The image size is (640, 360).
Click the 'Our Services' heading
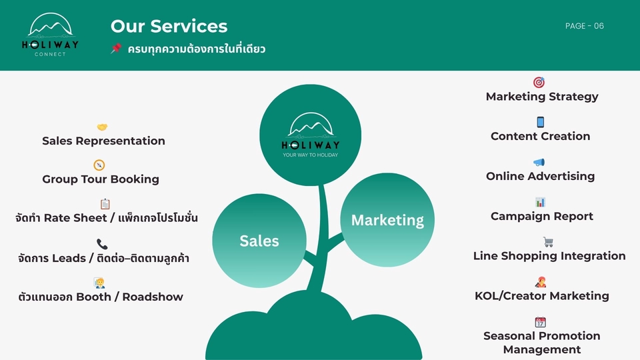(169, 26)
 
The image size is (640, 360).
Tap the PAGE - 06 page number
(584, 26)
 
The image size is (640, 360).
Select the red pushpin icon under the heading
(116, 49)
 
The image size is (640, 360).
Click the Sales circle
(259, 241)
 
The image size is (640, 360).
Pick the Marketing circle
(387, 220)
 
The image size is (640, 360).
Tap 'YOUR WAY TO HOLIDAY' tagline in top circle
(310, 155)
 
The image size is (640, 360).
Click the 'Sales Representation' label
(103, 141)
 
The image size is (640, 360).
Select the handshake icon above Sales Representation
(102, 127)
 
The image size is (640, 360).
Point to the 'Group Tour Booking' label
(101, 179)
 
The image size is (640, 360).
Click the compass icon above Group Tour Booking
(99, 165)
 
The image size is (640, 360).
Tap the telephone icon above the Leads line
(102, 244)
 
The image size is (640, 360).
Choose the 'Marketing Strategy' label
(542, 97)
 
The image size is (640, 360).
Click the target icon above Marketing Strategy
(539, 83)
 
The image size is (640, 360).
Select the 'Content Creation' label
(540, 136)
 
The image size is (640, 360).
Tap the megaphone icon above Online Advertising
(539, 163)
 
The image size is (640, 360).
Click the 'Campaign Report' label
(541, 216)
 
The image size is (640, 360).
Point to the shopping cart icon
(548, 242)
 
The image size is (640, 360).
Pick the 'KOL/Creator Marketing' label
(541, 295)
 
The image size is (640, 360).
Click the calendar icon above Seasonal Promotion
(540, 322)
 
